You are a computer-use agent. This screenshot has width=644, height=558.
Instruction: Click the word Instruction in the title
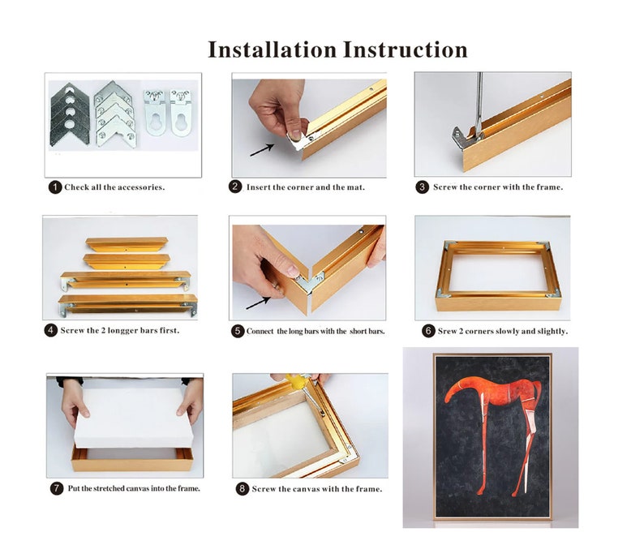tap(405, 49)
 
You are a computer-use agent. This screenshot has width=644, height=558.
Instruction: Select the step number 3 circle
tap(423, 187)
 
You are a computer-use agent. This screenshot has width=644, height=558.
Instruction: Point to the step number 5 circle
tap(238, 332)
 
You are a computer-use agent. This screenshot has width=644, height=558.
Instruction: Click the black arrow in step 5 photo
tap(257, 303)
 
